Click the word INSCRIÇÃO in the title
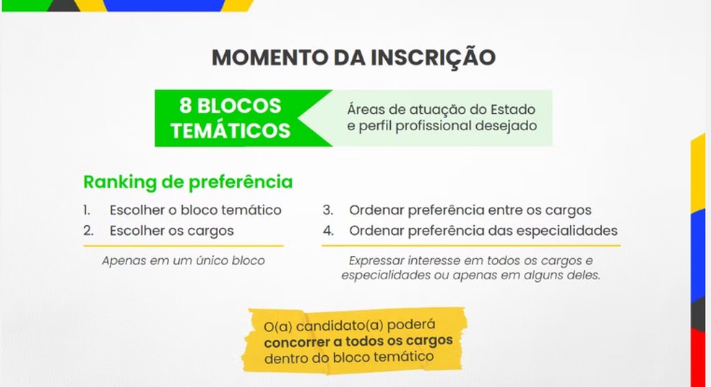(x=433, y=56)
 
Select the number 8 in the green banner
(x=185, y=106)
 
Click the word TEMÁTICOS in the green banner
(x=230, y=129)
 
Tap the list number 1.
(x=87, y=210)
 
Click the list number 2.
(x=88, y=231)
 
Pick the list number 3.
(x=328, y=210)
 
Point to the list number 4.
(x=328, y=231)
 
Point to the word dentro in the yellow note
(x=284, y=358)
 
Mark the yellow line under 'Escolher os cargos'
(x=184, y=246)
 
